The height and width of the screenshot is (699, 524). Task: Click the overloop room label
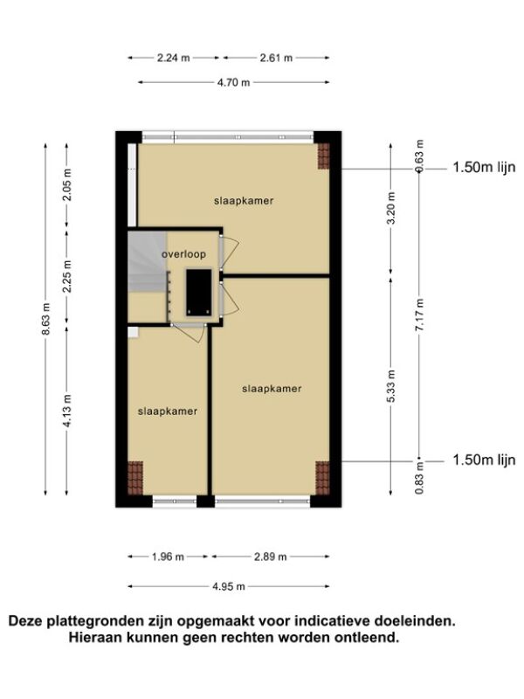[x=183, y=254]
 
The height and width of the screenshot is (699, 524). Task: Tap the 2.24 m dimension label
[x=173, y=58]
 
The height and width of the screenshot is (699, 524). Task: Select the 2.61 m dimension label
[x=276, y=58]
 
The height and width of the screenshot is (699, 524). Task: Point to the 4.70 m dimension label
[x=233, y=82]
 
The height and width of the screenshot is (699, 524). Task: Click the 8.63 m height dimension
[x=46, y=319]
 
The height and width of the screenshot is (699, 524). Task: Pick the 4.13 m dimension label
[x=67, y=411]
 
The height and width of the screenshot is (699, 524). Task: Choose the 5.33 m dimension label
[x=390, y=386]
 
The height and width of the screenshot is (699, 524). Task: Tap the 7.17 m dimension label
[x=420, y=315]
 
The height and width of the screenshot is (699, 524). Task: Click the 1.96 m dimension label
[x=168, y=557]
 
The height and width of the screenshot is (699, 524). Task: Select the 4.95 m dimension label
[x=229, y=586]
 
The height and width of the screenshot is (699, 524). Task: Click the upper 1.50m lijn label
[x=484, y=167]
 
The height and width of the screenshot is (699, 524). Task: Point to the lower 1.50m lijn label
[x=484, y=460]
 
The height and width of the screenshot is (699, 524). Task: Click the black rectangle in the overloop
[x=199, y=292]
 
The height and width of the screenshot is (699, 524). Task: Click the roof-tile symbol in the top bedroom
[x=323, y=156]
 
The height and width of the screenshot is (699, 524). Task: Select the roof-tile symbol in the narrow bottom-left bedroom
[x=135, y=478]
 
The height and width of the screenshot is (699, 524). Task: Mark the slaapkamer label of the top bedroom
[x=244, y=201]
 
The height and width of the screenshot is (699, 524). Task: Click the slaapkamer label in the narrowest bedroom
[x=168, y=412]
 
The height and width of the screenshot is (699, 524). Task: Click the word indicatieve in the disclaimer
[x=332, y=621]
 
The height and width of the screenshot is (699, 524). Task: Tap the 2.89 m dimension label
[x=271, y=557]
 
